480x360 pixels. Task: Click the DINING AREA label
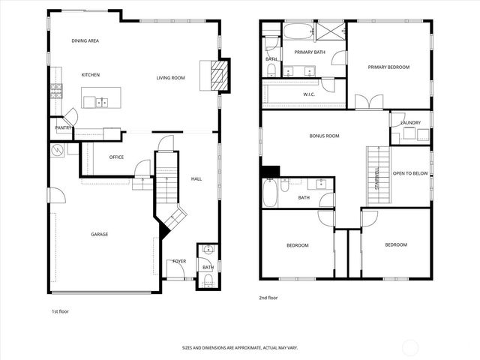pos(85,40)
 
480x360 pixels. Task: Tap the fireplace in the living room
pos(216,76)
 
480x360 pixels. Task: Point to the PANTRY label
pos(63,128)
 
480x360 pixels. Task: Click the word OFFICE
pos(115,157)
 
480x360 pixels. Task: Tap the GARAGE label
pos(100,235)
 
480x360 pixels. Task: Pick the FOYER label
pos(178,261)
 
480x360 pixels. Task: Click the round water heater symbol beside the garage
pos(57,150)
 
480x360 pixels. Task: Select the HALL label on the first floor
pos(196,179)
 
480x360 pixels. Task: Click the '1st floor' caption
pos(60,310)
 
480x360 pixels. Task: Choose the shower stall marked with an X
pos(328,31)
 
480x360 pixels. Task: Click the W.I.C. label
pos(308,94)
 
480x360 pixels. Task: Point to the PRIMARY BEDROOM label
pos(388,67)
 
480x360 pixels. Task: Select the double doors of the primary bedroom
pos(368,102)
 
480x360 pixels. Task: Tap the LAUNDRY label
pos(410,122)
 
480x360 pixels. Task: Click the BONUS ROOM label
pos(325,136)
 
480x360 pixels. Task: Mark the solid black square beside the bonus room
pos(269,171)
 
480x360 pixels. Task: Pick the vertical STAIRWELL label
pos(376,177)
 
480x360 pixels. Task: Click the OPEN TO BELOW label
pos(411,172)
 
